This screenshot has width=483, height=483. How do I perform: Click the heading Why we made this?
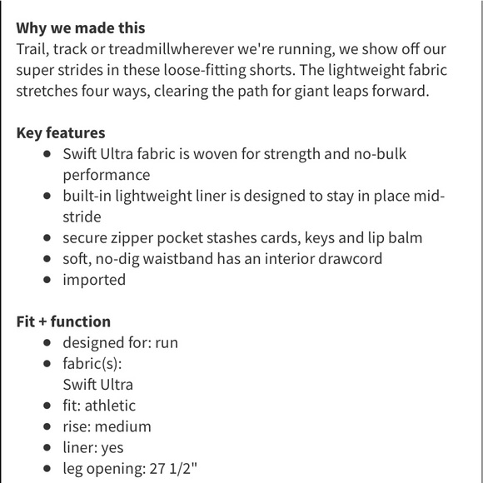(81, 29)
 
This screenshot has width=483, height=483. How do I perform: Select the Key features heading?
(61, 133)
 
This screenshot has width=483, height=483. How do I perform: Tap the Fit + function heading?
(63, 321)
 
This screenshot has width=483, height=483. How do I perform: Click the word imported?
(94, 280)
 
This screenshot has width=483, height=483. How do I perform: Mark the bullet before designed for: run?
(47, 342)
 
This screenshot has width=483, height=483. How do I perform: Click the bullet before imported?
(47, 280)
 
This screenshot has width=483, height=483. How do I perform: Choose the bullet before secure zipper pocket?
(47, 238)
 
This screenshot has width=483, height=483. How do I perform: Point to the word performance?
(106, 175)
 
